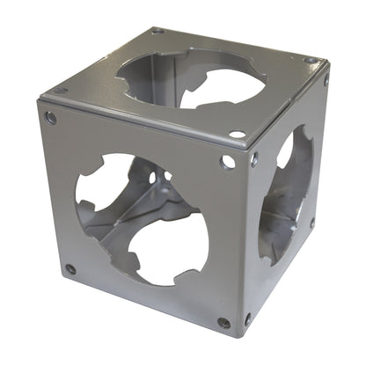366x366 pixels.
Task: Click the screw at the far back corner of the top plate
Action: pyautogui.click(x=157, y=31)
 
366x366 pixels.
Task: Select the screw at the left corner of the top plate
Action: pyautogui.click(x=60, y=90)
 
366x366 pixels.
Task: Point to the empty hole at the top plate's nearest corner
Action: pyautogui.click(x=237, y=135)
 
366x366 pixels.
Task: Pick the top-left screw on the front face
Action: pyautogui.click(x=51, y=118)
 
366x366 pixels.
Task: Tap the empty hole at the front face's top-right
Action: pyautogui.click(x=228, y=162)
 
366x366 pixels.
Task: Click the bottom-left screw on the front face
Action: pyautogui.click(x=70, y=269)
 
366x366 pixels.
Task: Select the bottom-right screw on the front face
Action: pyautogui.click(x=224, y=323)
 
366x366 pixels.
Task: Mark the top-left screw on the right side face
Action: pyautogui.click(x=254, y=159)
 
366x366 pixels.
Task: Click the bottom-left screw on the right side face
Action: pyautogui.click(x=247, y=318)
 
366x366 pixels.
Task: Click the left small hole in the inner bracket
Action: pyautogui.click(x=150, y=179)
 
